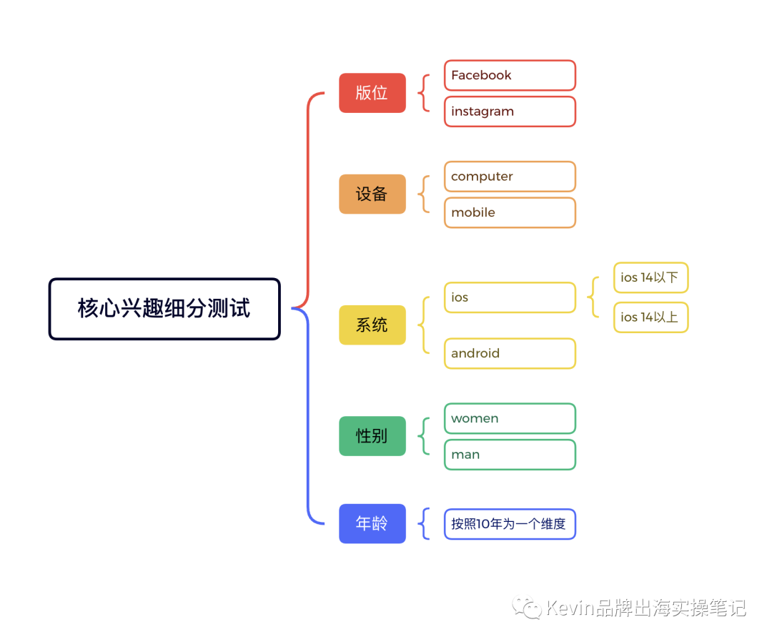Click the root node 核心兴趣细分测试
coord(164,309)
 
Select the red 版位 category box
coord(372,93)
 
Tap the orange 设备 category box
coord(372,194)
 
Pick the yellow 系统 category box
coord(372,325)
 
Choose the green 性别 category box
coord(372,436)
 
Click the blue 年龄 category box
coord(372,523)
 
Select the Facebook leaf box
coord(509,75)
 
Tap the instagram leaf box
coord(509,112)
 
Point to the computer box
coord(509,177)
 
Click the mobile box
coord(509,212)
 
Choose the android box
coord(509,353)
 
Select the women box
coord(509,418)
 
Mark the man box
coord(509,455)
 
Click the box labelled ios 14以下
coord(650,277)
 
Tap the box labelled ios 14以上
coord(650,317)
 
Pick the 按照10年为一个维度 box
coord(509,524)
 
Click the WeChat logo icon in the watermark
coord(528,608)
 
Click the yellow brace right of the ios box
coord(593,297)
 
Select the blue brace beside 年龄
coord(425,524)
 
